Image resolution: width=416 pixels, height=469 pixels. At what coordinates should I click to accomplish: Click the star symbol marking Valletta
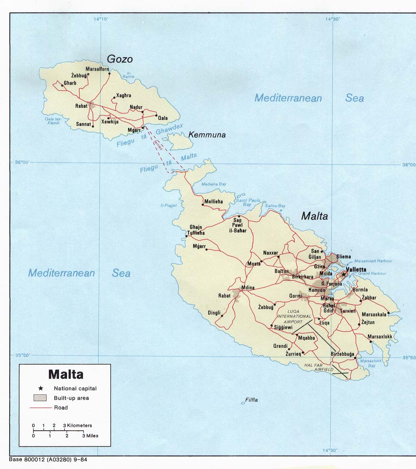pos(344,274)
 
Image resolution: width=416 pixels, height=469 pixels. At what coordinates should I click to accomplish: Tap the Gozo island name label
pos(120,59)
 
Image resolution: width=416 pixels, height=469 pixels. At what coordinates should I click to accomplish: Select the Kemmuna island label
pos(207,135)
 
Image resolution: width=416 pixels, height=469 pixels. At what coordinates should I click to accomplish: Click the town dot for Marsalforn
pos(109,74)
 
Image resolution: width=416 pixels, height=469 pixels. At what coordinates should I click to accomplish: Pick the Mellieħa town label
pos(214,202)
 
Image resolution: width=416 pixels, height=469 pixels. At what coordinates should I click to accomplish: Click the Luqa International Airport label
pos(294,316)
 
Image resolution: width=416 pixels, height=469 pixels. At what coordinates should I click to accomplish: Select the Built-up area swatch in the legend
pos(40,398)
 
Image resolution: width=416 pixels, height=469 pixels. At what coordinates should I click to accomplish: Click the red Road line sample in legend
pos(40,408)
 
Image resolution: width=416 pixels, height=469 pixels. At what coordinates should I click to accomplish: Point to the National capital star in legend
pos(40,388)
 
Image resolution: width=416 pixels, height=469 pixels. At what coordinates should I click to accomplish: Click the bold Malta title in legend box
pos(66,374)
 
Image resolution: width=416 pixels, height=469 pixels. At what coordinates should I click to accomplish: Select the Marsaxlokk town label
pos(380,336)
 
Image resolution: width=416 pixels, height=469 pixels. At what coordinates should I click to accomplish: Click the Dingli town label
pos(214,313)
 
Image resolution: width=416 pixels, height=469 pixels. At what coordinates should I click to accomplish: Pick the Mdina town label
pos(248,288)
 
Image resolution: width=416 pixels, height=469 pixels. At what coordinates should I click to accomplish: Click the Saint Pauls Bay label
pos(248,203)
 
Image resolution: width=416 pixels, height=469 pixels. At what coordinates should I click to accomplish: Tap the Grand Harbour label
pos(372,274)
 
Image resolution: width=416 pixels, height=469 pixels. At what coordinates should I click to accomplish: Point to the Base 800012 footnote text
pos(48,460)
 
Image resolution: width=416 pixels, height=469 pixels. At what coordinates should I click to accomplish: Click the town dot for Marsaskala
pos(388,313)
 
